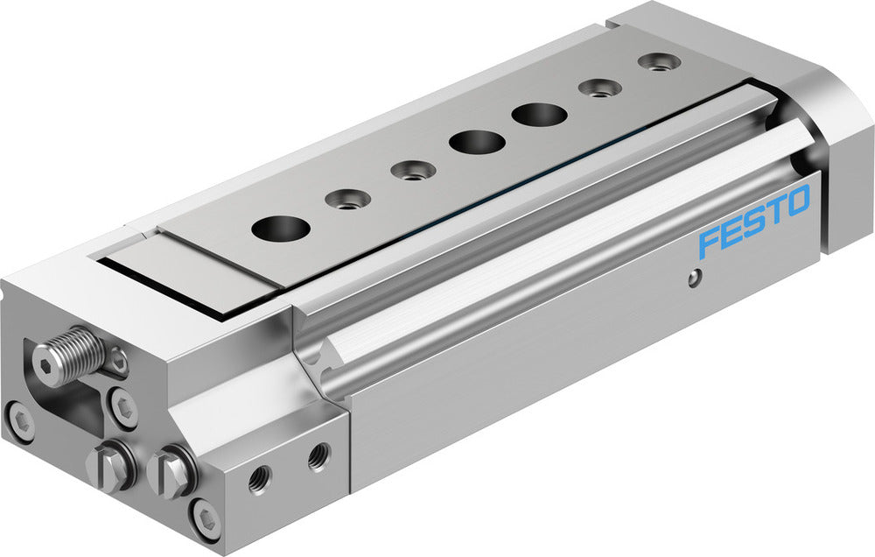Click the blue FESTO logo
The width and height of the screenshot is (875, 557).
coord(754,223)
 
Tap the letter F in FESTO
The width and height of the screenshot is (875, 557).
coord(708,243)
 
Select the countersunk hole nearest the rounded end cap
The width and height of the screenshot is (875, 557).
coord(659,62)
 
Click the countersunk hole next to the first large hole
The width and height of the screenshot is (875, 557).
coord(347,200)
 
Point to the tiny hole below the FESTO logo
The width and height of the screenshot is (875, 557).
coord(693,278)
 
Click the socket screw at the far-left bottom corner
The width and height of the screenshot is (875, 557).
coord(18,422)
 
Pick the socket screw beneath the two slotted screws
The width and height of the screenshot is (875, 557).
coord(206,520)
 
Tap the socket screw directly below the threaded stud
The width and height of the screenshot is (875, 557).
coord(124,407)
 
